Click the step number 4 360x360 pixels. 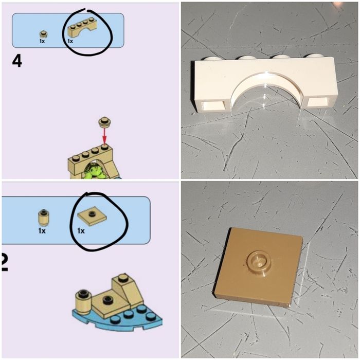point(17,61)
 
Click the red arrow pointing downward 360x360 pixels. point(104,136)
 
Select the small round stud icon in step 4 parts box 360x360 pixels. point(43,34)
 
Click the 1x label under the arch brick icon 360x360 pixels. point(70,41)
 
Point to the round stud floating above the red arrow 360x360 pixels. point(105,122)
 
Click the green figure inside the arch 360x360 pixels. point(96,170)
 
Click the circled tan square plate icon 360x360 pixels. point(92,218)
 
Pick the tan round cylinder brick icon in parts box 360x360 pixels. point(44,217)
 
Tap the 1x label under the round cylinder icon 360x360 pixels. point(42,230)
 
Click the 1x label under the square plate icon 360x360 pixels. point(81,230)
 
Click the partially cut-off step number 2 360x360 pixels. point(5,262)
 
